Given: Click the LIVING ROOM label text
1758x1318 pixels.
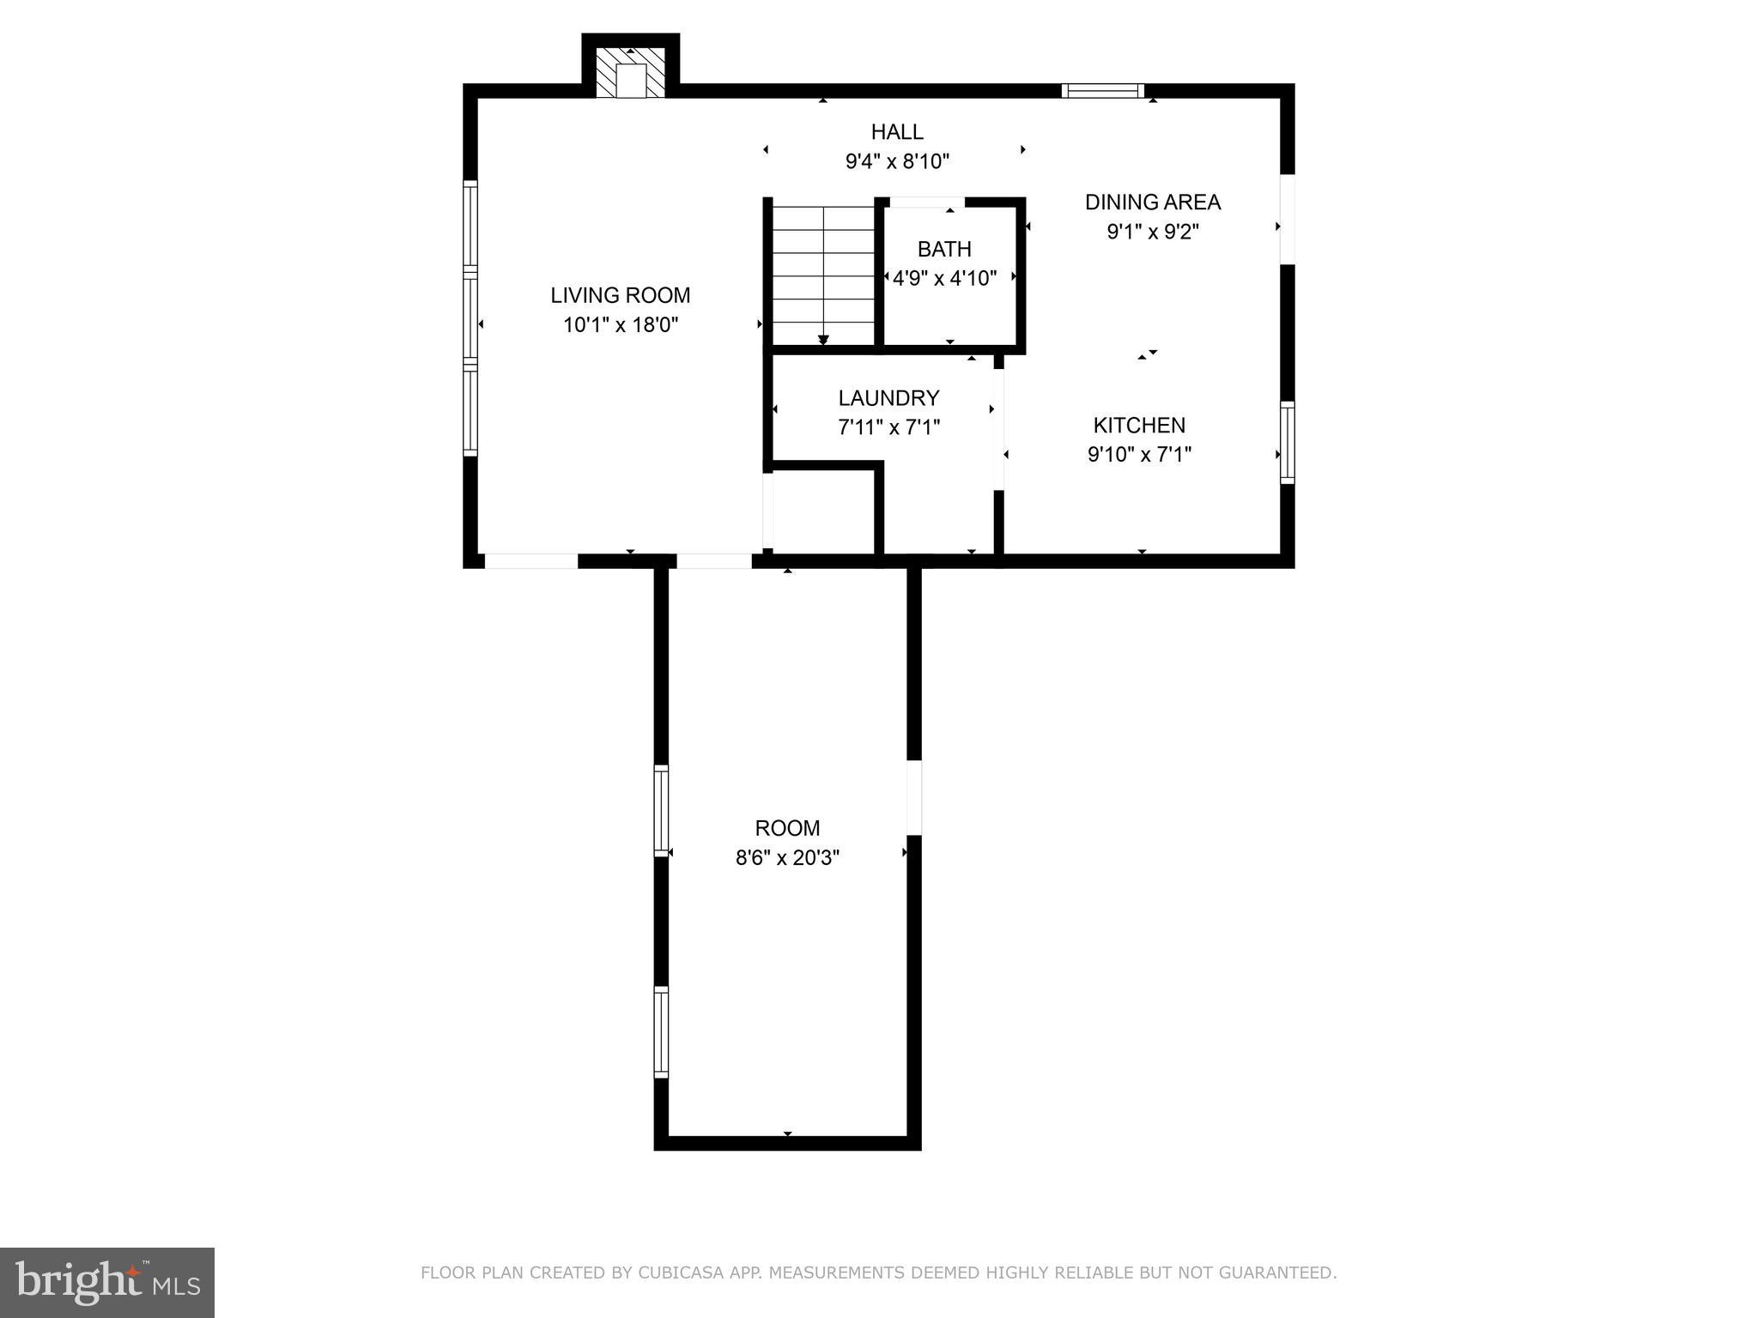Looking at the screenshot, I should coord(620,295).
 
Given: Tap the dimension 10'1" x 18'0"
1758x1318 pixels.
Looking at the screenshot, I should coord(620,325).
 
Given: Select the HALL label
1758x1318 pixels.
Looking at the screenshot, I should coord(897,132).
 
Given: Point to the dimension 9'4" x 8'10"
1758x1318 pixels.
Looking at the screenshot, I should coord(897,161).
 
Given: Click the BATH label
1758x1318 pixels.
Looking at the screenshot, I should coord(944,250).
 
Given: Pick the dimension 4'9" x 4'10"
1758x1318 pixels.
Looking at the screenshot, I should coord(944,278).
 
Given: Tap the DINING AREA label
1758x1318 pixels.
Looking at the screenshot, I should coord(1152,203).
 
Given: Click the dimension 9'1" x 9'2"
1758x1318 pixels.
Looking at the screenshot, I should coord(1152,232).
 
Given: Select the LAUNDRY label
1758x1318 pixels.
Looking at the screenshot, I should coord(888,398).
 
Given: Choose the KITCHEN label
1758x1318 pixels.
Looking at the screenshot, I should coord(1139,426).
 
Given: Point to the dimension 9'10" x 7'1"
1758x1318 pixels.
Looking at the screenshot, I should coord(1139,455).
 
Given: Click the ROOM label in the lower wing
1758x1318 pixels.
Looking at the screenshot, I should coord(787,828).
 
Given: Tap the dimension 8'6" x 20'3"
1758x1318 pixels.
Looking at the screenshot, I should coord(787,857).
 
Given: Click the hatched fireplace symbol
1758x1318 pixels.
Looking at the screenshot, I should coord(631,72).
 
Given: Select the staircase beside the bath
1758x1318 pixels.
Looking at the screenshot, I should coord(823,275).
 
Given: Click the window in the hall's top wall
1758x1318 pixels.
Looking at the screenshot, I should coord(1102,91).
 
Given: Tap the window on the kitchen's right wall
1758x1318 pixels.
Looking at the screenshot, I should coord(1287,442).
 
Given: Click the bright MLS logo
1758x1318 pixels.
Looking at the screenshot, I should coord(107,1282).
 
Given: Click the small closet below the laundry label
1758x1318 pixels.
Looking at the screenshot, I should coord(823,511).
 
